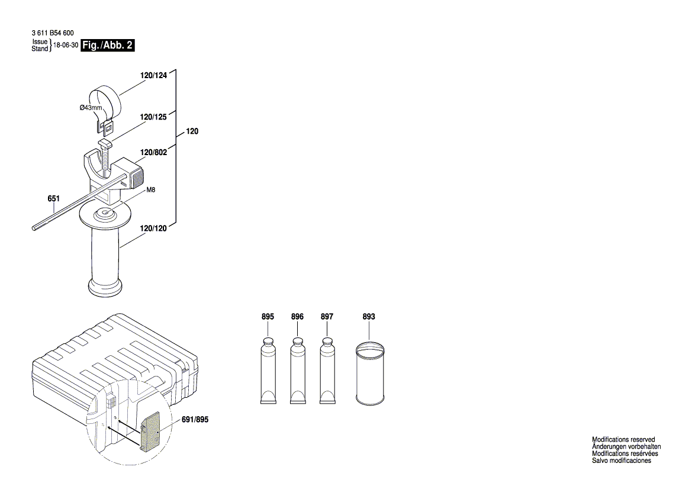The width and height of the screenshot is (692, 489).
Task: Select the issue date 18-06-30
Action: pyautogui.click(x=66, y=46)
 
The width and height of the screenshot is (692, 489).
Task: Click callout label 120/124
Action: pyautogui.click(x=154, y=76)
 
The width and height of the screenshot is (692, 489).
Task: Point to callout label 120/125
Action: pyautogui.click(x=154, y=118)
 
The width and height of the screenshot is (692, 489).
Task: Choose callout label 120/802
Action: pyautogui.click(x=154, y=153)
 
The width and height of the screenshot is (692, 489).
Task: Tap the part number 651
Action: pyautogui.click(x=54, y=199)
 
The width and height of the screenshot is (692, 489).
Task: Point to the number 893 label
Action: pyautogui.click(x=369, y=317)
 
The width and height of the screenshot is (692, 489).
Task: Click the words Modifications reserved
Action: pyautogui.click(x=623, y=439)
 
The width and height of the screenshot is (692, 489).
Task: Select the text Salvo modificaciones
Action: pyautogui.click(x=622, y=461)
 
